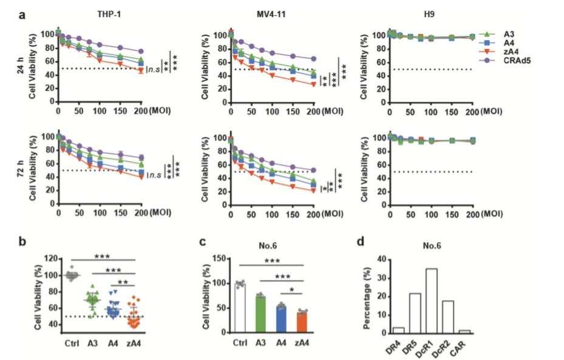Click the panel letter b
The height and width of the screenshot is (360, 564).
pyautogui.click(x=22, y=242)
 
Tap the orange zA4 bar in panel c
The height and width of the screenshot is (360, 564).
pyautogui.click(x=302, y=321)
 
